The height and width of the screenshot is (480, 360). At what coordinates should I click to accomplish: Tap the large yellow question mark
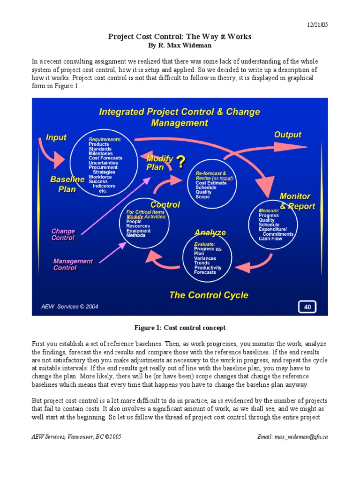point(180,162)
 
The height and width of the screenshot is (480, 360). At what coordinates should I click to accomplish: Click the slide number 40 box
point(307,307)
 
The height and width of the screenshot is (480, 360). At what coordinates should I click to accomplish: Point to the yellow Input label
point(56,137)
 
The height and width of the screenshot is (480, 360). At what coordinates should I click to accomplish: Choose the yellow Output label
point(287,135)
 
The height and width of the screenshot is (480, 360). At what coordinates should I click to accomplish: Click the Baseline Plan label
point(67,184)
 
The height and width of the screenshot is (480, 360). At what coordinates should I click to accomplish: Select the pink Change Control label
point(63,234)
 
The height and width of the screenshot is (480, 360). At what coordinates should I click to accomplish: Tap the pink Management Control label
point(73,264)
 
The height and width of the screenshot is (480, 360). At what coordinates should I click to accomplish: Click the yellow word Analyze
point(210,232)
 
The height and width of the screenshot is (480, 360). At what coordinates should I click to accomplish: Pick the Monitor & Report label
point(297,201)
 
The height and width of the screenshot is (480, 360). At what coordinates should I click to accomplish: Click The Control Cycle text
point(209,295)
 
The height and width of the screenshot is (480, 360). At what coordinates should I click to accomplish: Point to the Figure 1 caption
point(180,328)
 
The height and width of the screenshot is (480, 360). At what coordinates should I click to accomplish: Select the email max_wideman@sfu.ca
point(292,436)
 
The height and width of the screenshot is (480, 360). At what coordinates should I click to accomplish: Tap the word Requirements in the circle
point(105,139)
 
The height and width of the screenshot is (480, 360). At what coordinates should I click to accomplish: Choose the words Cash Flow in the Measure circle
point(270,239)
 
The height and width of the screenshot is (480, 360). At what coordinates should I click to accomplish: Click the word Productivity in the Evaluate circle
point(208,268)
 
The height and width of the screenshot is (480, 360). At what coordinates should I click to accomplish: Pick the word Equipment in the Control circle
point(138,231)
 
